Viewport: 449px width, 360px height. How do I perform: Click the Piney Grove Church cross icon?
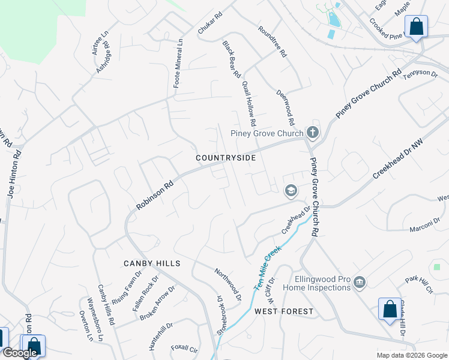tap(312, 132)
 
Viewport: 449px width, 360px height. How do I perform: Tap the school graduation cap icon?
tap(291, 191)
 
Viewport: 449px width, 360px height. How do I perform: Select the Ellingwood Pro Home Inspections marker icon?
tap(360, 283)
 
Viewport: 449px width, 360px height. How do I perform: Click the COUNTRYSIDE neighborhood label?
tap(226, 158)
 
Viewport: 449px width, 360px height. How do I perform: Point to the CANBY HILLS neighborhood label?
tap(152, 263)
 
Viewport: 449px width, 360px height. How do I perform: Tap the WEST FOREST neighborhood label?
tap(283, 311)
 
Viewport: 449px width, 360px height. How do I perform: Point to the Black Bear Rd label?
tap(231, 59)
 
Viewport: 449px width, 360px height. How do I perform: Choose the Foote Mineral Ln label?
tap(178, 64)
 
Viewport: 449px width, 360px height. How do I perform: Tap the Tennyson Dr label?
tap(420, 73)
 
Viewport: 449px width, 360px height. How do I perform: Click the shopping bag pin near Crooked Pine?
tap(416, 27)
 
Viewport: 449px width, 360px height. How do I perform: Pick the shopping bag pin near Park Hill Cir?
tap(390, 310)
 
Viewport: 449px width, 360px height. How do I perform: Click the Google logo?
tap(20, 353)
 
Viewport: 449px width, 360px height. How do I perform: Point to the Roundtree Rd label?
tap(273, 41)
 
